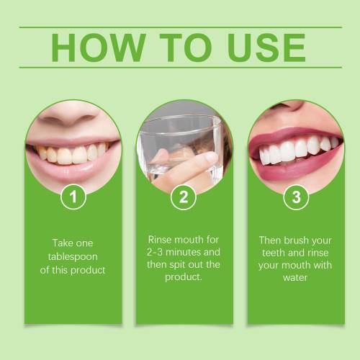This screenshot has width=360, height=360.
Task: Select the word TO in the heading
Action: coord(186,48)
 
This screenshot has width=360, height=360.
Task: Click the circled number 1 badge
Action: coord(73,197)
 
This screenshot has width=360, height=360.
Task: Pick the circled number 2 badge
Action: coord(184,197)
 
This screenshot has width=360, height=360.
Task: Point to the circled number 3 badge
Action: coord(296,197)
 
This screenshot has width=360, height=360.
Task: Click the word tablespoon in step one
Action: coord(73,257)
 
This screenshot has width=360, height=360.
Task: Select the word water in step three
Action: coord(295,278)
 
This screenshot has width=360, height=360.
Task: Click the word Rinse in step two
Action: coord(160,240)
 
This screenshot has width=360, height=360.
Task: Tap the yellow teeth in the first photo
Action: coord(72,154)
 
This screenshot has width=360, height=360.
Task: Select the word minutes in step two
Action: coord(184,252)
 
